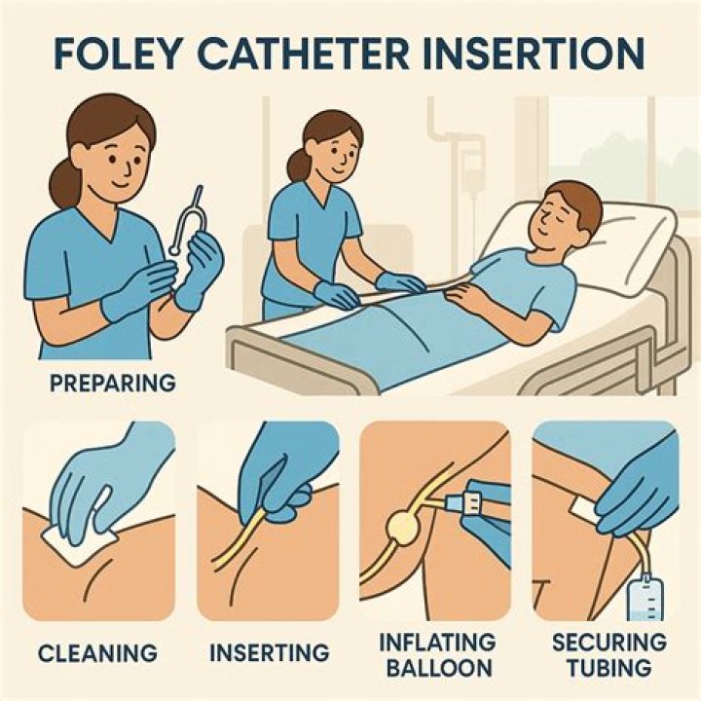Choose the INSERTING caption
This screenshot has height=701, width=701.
pos(269,649)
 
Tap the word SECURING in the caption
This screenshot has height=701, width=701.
pos(609,643)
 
